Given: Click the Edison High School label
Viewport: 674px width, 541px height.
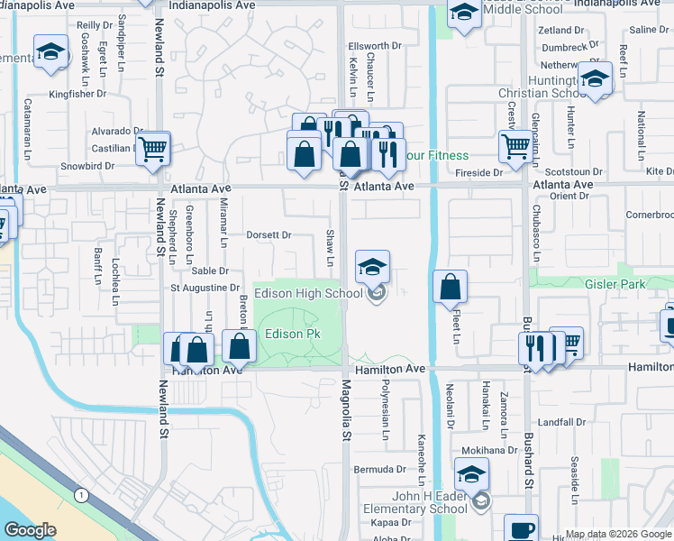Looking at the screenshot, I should (308, 293).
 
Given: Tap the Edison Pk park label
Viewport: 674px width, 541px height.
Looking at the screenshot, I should (293, 335).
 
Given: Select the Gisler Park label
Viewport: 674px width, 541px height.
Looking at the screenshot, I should (630, 282).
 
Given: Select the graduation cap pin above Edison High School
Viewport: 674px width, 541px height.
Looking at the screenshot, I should (372, 267).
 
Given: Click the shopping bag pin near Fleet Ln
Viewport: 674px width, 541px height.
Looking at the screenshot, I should (450, 288).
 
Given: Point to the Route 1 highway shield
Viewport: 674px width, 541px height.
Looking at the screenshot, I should (82, 495).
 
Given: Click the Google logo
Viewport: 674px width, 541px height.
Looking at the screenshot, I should (30, 530).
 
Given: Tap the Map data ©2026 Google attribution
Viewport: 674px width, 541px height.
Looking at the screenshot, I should (618, 534).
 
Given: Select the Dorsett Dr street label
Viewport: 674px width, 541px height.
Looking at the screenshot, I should (269, 235).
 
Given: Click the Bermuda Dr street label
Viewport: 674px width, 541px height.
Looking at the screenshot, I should (379, 470).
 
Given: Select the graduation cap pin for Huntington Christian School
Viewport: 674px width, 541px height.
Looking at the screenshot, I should (596, 78).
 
